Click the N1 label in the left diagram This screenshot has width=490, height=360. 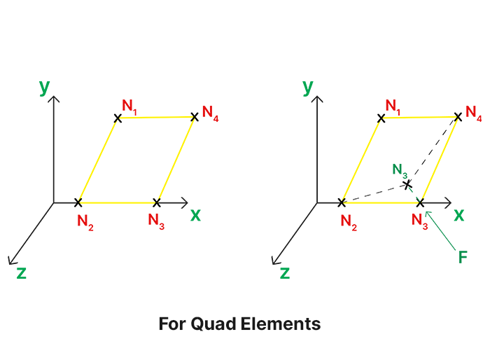pos(129,106)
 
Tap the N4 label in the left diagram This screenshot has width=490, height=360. pos(210,113)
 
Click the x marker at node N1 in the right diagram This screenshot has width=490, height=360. pos(381,118)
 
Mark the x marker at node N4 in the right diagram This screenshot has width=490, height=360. pos(458,117)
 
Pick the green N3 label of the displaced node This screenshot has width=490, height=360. pos(400,170)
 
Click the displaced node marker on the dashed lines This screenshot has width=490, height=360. pos(407,185)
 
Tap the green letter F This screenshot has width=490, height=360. pos(462,257)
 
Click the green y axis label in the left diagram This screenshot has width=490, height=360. pos(44,86)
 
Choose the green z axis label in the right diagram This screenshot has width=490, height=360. pos(285,272)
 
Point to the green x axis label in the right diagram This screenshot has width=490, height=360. pos(458,215)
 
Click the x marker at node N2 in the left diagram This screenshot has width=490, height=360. pos(78,202)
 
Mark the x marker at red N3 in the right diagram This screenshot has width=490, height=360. pos(421,202)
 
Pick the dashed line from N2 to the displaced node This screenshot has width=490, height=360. pos(374,194)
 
